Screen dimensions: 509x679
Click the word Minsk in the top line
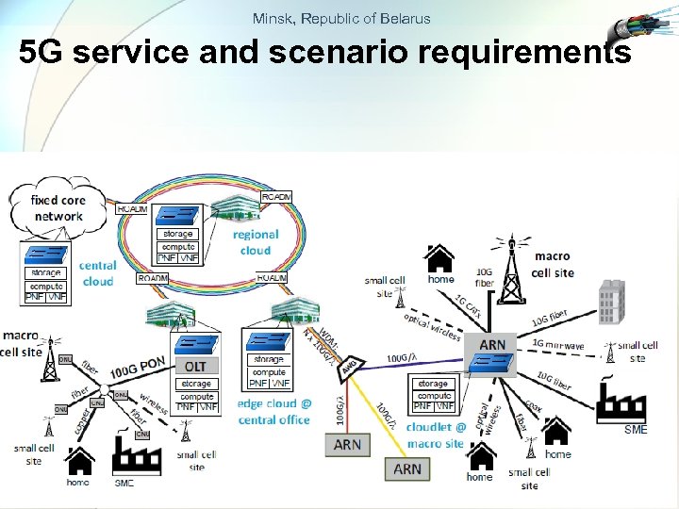[x=271, y=18]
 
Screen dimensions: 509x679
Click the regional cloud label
[x=255, y=242]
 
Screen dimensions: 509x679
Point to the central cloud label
[x=97, y=273]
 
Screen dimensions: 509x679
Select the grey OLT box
[x=195, y=366]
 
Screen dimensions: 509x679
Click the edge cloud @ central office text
[x=273, y=412]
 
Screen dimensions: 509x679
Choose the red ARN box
[x=347, y=444]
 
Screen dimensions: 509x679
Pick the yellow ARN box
[x=407, y=468]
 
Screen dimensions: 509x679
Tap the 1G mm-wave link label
[x=558, y=346]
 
